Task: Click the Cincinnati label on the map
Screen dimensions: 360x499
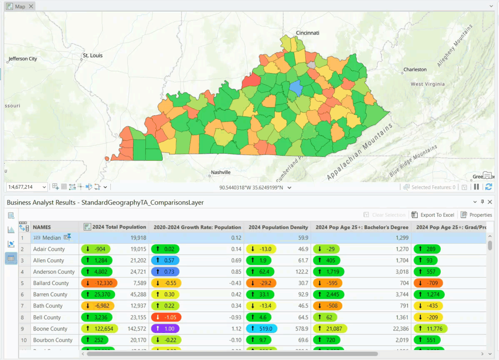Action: pos(307,33)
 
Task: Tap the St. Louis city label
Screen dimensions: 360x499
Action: pos(92,55)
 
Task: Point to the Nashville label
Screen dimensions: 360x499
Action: pos(220,172)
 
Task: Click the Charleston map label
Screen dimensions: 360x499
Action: pos(415,70)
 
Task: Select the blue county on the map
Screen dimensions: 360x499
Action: pos(295,88)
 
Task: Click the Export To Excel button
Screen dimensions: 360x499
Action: pos(433,215)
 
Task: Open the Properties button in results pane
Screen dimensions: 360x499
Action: pos(477,215)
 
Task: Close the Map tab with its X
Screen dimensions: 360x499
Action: pos(31,6)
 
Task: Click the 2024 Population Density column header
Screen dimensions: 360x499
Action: pos(278,227)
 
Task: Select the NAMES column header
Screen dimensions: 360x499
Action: pos(42,227)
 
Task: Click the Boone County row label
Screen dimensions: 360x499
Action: pos(50,329)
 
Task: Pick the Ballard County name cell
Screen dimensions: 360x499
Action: pos(51,283)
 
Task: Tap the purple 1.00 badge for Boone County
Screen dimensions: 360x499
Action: pos(165,329)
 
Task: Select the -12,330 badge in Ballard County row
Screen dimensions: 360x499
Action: pos(99,283)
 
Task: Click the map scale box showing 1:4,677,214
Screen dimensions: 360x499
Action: pos(26,187)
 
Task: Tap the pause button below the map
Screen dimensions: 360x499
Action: pos(477,187)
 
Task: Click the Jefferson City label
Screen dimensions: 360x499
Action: pos(23,59)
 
